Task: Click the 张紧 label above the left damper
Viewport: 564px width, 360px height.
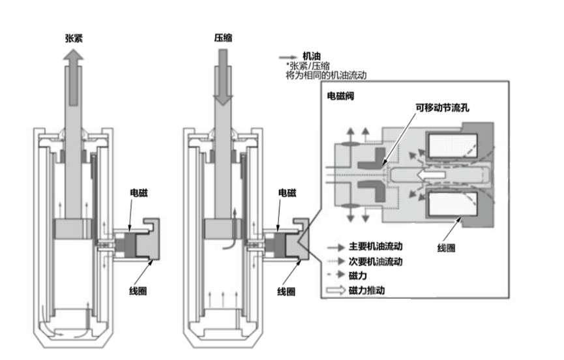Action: point(74,38)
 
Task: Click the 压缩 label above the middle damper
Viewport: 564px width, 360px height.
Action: point(223,38)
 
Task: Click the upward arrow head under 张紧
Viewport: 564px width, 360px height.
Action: point(74,55)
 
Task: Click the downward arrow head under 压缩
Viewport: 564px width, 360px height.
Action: point(223,100)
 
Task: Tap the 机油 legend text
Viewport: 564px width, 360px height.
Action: point(312,56)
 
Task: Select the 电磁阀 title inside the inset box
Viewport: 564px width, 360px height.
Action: point(340,96)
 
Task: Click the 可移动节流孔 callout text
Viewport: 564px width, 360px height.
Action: point(443,108)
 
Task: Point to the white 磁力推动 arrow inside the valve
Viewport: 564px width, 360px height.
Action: point(431,175)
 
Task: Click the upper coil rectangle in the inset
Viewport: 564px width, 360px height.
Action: point(452,145)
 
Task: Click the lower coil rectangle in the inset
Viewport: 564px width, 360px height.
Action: point(452,204)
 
